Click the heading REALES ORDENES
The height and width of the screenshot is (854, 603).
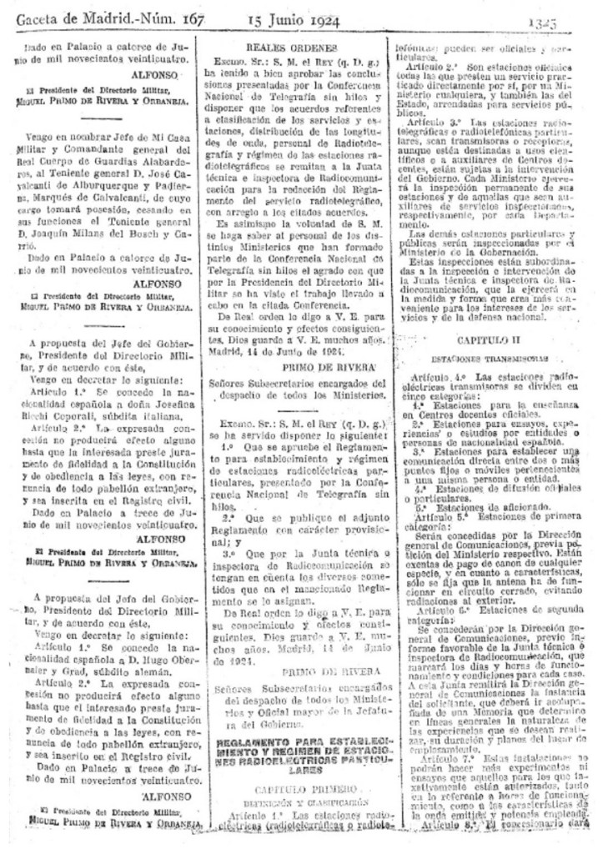298,48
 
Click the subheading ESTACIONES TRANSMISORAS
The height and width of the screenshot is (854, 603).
491,359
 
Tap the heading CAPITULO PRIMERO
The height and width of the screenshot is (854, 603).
298,788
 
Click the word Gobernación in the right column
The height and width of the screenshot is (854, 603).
516,252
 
